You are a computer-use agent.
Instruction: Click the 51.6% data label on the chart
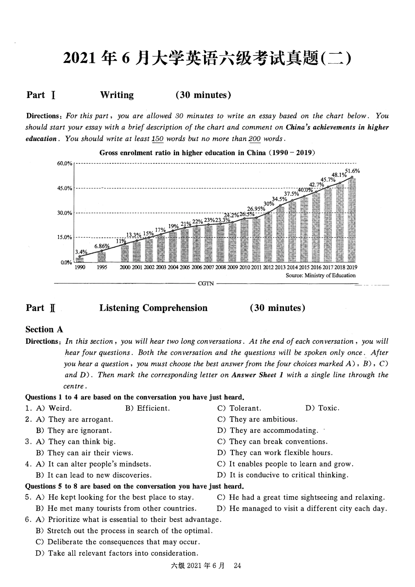click(353, 171)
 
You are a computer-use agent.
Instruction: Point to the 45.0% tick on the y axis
click(64, 188)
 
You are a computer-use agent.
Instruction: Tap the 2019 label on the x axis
click(352, 267)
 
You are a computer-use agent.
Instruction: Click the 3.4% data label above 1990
click(81, 252)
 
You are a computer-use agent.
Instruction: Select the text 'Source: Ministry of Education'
click(320, 275)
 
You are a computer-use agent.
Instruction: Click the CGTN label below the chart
click(206, 283)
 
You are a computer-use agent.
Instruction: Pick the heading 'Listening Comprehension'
click(153, 308)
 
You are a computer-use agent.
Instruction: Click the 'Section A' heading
click(44, 329)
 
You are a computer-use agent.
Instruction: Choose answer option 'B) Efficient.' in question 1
click(147, 408)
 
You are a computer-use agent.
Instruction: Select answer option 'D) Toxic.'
click(322, 408)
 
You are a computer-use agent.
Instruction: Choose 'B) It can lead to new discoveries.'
click(93, 475)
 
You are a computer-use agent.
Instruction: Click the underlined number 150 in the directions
click(157, 139)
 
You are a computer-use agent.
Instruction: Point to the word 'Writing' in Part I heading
click(117, 95)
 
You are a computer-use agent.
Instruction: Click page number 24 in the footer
click(237, 566)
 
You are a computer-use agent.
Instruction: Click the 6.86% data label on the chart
click(101, 246)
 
